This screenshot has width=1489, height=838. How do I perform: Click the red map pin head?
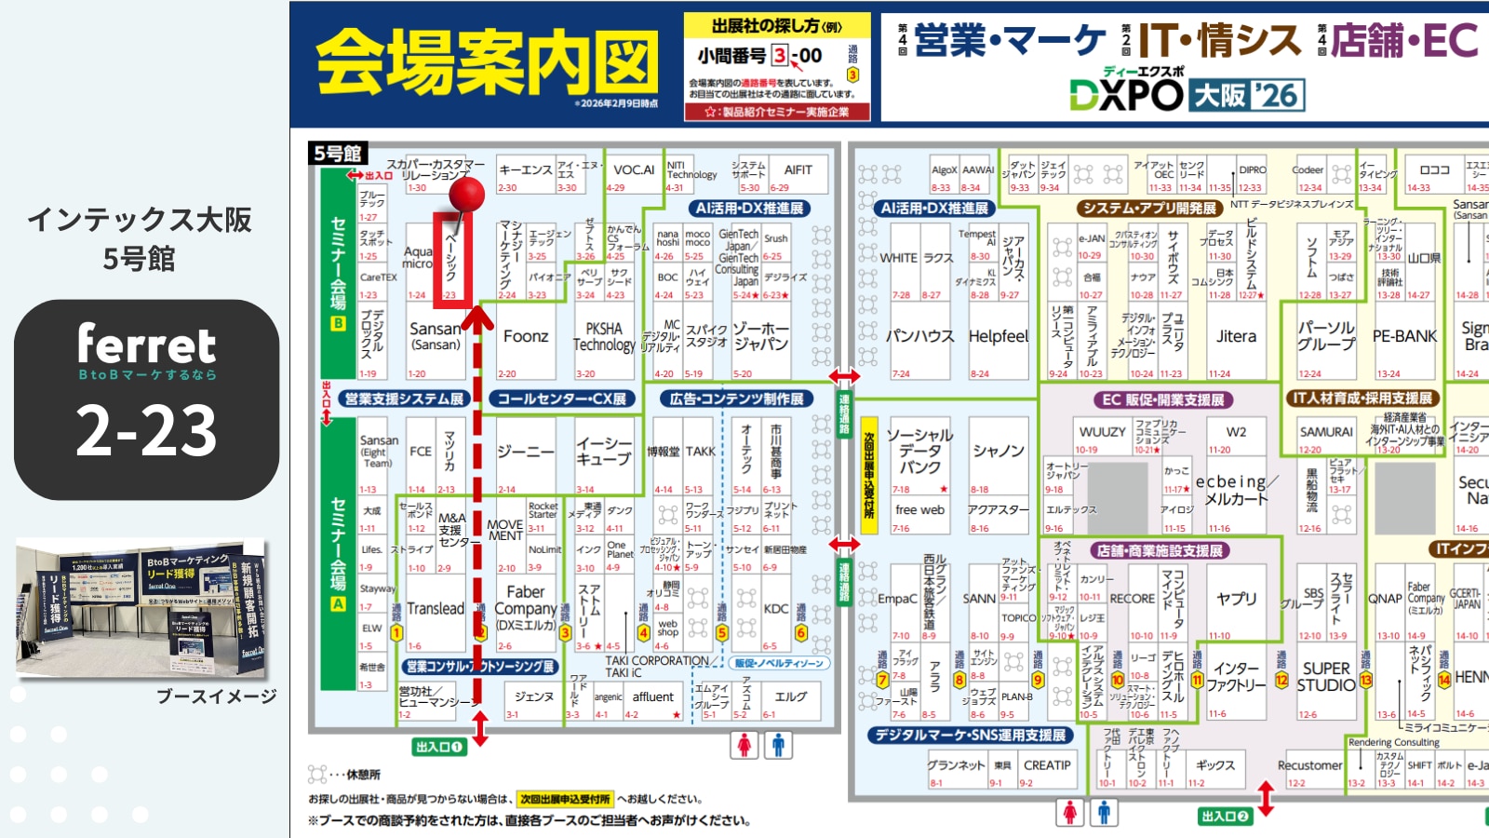467,195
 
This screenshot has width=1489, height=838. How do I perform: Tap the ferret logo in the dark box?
146,345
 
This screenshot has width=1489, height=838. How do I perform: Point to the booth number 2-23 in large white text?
146,430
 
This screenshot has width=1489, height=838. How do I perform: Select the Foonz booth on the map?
526,337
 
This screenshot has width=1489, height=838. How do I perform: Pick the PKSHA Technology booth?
603,337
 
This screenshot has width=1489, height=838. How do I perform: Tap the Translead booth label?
435,609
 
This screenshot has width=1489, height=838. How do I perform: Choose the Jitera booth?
1236,337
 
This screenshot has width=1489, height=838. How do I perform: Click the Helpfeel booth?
999,337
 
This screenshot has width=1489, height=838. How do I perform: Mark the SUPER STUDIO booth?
1325,677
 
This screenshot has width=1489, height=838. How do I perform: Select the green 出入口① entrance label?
438,747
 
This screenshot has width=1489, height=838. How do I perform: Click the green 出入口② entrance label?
1224,817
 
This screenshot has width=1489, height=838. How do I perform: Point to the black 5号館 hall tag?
338,154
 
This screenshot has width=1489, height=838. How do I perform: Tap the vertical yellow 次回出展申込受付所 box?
869,475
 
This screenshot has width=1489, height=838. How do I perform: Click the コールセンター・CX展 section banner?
561,399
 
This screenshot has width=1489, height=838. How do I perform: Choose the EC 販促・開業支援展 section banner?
1163,399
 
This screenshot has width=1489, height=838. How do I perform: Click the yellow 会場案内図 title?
487,62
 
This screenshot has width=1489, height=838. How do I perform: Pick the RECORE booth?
1132,599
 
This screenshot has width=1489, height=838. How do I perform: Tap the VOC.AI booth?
634,170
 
